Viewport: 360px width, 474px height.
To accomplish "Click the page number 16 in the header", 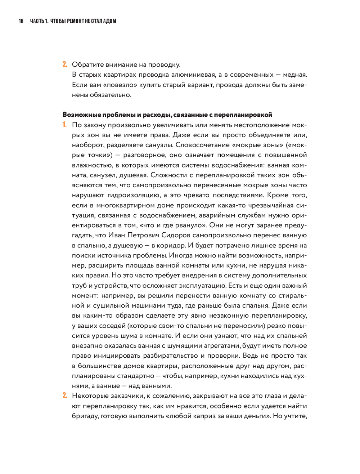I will [21, 21].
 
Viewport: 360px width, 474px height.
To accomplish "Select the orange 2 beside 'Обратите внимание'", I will [65, 64].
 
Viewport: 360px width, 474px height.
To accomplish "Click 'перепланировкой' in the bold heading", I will [243, 115].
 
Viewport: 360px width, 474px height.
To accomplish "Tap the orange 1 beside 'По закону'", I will [65, 125].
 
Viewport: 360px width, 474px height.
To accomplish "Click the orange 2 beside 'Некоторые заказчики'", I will [65, 395].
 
